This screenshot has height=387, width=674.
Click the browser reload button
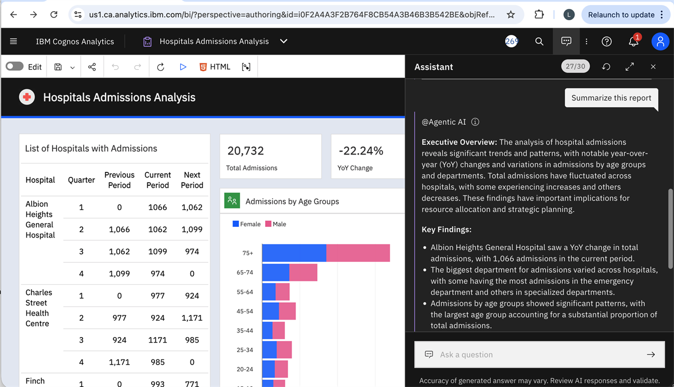(54, 15)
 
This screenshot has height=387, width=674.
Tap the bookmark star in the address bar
(511, 15)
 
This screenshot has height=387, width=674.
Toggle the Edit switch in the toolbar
(15, 67)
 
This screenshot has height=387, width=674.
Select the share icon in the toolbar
(92, 67)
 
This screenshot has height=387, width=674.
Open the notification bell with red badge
(633, 42)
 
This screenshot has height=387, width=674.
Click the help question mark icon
(607, 42)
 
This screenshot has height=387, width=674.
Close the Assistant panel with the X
(653, 67)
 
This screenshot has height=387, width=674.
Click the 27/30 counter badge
(575, 66)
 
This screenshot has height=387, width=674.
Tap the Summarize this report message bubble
(611, 98)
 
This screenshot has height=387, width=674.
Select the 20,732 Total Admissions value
(245, 151)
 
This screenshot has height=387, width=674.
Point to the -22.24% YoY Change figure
(361, 151)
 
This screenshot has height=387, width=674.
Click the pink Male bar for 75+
(358, 253)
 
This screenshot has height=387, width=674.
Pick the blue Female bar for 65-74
(275, 272)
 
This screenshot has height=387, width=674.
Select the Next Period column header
(192, 180)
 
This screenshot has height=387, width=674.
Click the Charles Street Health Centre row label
(39, 308)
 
